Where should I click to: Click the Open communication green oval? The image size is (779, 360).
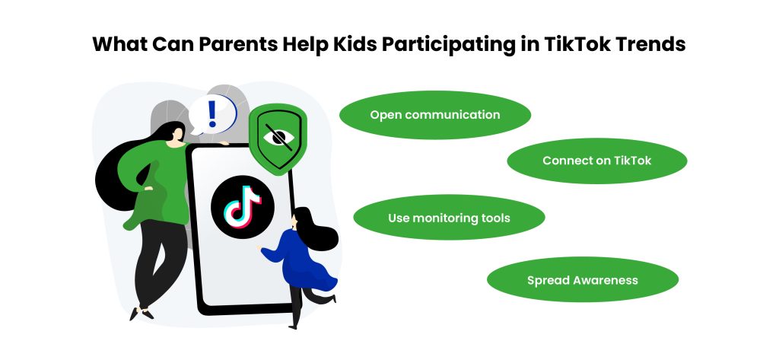[434, 116]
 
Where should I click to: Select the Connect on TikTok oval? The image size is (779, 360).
[596, 161]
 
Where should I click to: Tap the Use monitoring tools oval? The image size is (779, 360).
[449, 218]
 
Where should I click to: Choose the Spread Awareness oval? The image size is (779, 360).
[582, 280]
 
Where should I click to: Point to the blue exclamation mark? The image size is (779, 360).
[211, 114]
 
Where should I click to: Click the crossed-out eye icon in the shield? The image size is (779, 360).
[278, 137]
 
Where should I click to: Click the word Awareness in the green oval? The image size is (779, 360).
[605, 280]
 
